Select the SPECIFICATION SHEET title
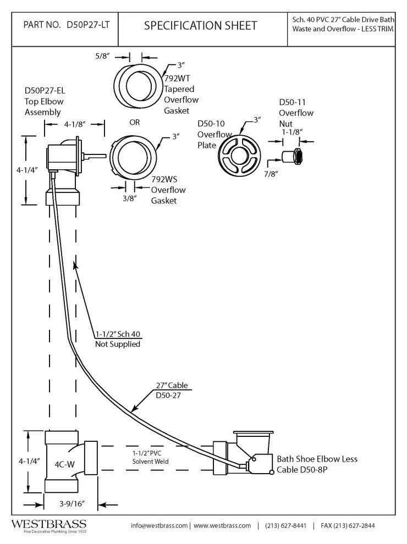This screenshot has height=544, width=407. [x=200, y=25]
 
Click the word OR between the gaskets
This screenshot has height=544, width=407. [x=135, y=122]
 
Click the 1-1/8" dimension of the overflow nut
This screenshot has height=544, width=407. [x=291, y=132]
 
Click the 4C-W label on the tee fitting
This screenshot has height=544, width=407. [x=64, y=464]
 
